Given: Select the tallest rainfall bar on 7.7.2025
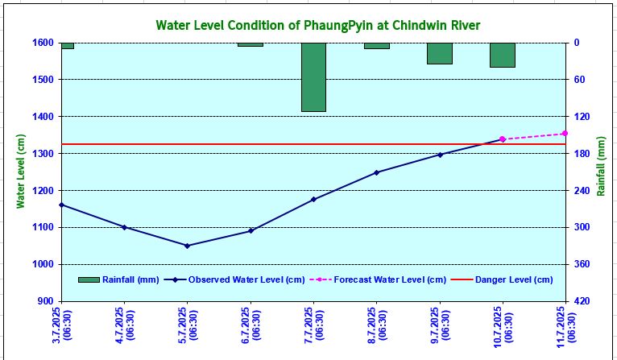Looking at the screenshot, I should [313, 77].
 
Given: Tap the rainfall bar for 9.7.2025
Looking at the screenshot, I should [440, 53].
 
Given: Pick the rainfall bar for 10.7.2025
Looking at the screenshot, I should [503, 55].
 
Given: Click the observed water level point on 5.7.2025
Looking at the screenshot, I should [187, 246].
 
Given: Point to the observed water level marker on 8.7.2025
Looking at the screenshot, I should [376, 172].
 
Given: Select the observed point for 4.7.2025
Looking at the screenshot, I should [124, 227].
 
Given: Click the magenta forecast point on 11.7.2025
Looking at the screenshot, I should [565, 134].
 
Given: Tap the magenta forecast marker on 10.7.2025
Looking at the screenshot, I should [503, 139].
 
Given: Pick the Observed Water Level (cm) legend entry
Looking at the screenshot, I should [234, 279].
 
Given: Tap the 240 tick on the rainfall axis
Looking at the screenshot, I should [582, 191].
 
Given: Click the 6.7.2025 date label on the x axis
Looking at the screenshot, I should [251, 325].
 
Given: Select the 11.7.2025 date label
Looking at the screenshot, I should [565, 325].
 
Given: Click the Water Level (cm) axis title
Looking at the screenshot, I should [21, 172].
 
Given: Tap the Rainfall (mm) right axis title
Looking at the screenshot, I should [601, 172].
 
